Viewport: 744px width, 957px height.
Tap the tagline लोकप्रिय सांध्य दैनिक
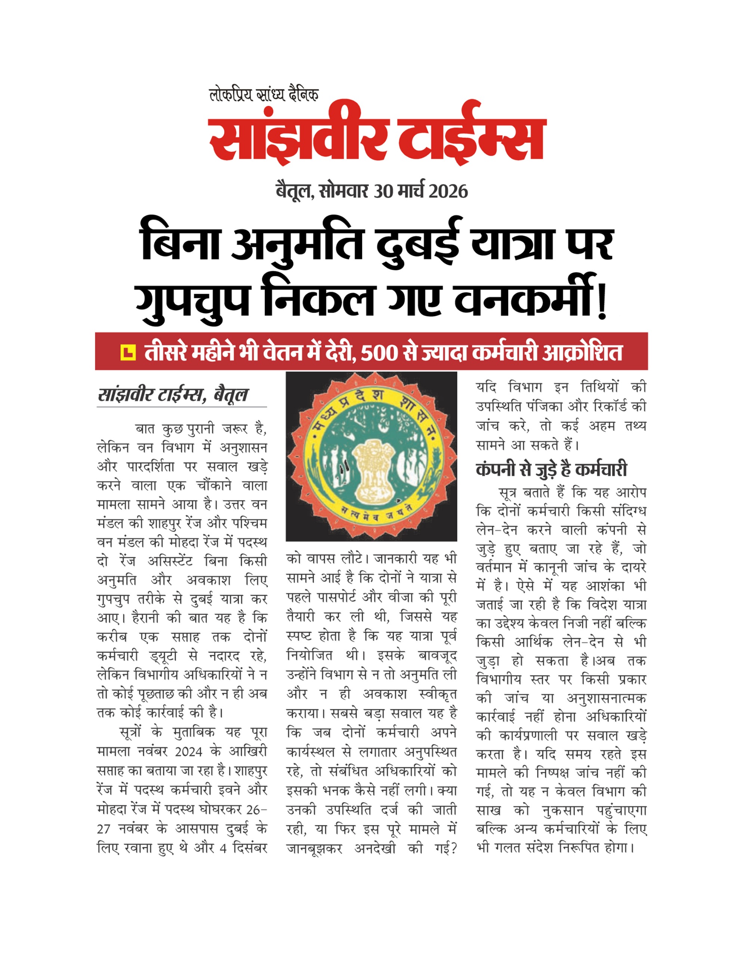tap(263, 95)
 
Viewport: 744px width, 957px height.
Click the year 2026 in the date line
tap(448, 191)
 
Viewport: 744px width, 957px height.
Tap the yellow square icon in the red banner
tap(127, 352)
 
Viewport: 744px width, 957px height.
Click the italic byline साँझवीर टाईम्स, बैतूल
tap(173, 395)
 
